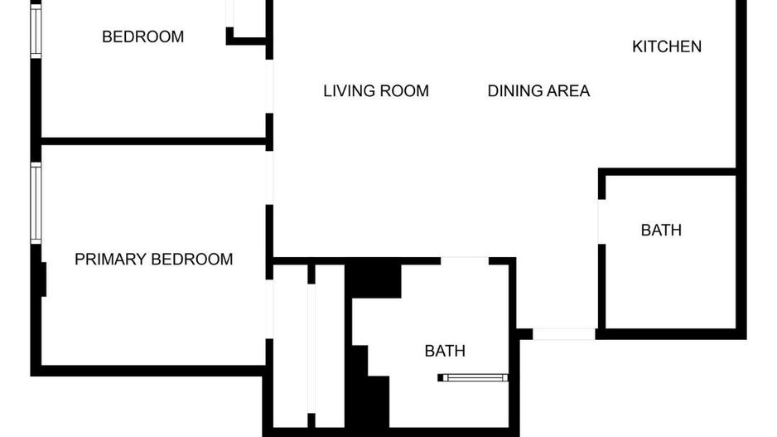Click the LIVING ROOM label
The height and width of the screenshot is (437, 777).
click(x=376, y=91)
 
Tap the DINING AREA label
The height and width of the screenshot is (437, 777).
click(x=538, y=91)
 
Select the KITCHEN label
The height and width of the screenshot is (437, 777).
click(x=667, y=46)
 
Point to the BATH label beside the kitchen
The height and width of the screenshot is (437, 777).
click(x=661, y=231)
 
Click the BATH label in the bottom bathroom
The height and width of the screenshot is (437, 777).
click(x=445, y=352)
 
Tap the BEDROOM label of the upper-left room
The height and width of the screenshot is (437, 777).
click(x=142, y=37)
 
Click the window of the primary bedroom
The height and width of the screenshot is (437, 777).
click(x=36, y=202)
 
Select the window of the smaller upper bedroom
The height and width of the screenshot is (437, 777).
click(x=36, y=28)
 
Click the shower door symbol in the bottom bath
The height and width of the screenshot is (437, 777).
click(x=473, y=378)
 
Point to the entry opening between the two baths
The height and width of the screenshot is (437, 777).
click(x=563, y=334)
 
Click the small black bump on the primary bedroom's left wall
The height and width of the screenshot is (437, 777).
click(x=43, y=279)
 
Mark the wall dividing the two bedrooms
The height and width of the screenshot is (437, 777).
click(x=153, y=141)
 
